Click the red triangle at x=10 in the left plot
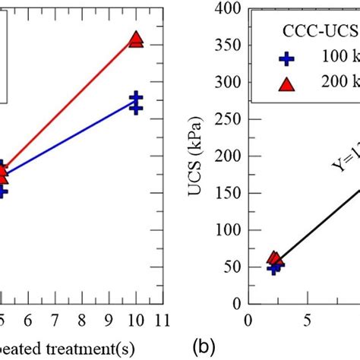click(136, 39)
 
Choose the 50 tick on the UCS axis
click(230, 267)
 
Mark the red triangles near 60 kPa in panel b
click(276, 260)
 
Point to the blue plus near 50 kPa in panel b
click(273, 267)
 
